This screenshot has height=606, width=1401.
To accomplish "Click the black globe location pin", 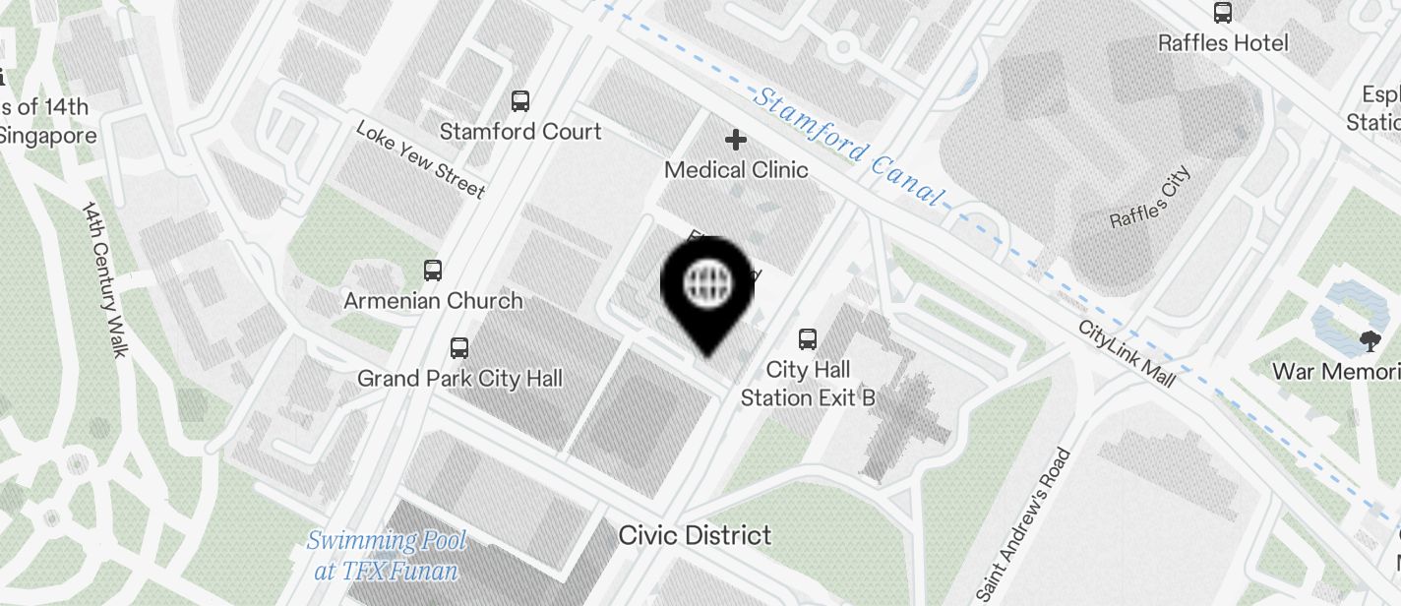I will pos(707,286).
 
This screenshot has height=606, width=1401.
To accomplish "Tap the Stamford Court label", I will pos(520,132).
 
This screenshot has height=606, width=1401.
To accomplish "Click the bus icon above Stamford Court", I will pos(520,100).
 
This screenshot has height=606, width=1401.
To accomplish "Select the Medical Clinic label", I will pos(736,170).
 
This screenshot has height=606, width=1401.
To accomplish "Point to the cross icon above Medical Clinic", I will pos(736,140).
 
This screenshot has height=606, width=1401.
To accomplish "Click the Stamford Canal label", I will pos(848,147).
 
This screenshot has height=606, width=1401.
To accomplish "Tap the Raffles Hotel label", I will pos(1223,43).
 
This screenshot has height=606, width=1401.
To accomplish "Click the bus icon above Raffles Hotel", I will pos(1223,13).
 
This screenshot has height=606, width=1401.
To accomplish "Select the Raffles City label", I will pos(1150,198).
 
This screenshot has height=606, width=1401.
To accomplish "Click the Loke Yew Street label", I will pos(420,159).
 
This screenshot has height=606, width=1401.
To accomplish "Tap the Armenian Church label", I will pos(433,301).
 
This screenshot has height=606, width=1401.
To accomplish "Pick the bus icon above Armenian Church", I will pos(433,271).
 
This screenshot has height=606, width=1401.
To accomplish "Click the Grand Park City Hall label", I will pos(459,379).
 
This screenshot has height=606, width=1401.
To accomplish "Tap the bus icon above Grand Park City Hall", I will pos(459,347).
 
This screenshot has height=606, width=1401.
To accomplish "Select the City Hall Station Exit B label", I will pos(808,384).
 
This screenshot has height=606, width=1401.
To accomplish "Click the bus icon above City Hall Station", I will pos(808,339).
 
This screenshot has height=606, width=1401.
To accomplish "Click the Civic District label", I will pos(695,535).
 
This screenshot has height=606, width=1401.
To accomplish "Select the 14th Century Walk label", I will pos(105,279).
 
